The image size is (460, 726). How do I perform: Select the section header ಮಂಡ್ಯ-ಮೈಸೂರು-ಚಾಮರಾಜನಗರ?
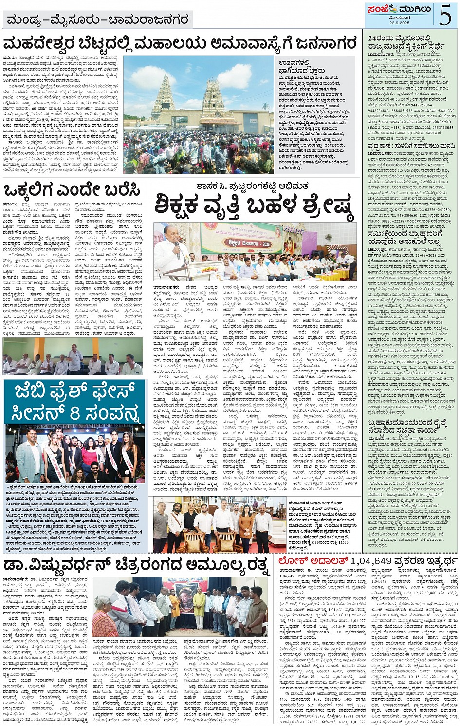tap(97, 20)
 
